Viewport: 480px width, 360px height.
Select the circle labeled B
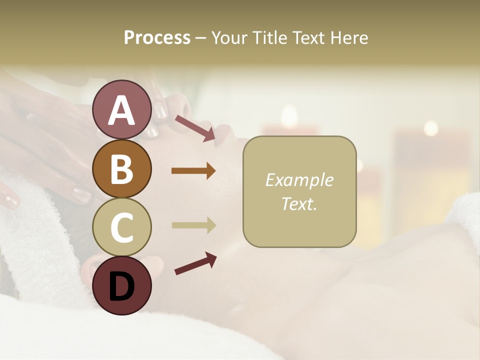point(121,169)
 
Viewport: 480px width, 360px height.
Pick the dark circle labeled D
point(121,286)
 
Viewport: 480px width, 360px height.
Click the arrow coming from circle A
point(195,128)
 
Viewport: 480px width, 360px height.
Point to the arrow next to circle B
point(193,171)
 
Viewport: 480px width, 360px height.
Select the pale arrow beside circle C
point(193,225)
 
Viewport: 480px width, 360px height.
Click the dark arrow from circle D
point(195,263)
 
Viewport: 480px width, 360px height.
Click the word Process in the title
point(157,38)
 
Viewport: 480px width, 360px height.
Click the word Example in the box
point(299,180)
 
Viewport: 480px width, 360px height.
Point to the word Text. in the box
point(299,203)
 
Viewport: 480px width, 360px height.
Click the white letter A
point(121,110)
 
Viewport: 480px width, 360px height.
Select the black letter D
point(121,286)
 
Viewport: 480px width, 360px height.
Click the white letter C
point(121,227)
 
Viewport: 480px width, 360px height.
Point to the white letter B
point(121,169)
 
